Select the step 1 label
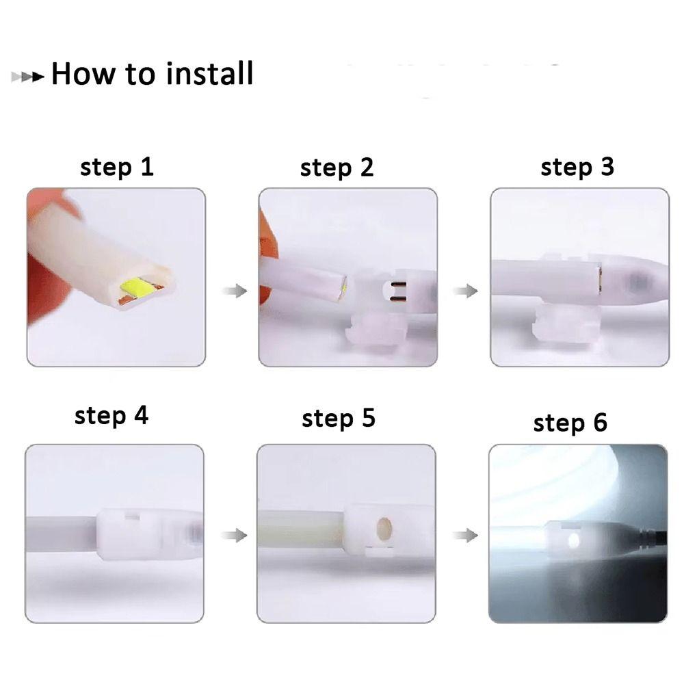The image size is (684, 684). point(116,167)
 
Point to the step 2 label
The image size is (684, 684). point(337,168)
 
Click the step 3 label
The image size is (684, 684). point(577,167)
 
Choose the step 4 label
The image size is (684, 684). point(111,416)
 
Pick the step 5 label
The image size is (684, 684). point(338,418)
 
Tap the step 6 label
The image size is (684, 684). point(570,423)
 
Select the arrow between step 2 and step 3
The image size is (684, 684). point(466,291)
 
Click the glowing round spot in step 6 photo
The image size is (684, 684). point(573,540)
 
